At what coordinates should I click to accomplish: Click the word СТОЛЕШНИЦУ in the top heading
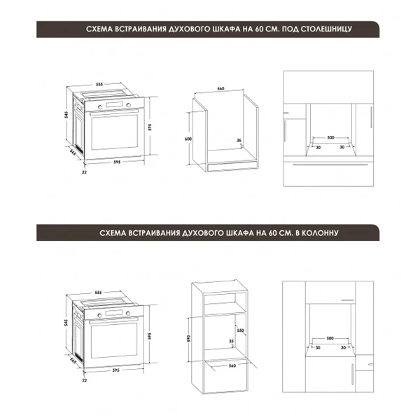326,29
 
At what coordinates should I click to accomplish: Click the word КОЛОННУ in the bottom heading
316,233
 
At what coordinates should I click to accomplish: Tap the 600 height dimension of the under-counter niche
188,139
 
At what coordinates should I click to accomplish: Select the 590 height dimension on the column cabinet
188,339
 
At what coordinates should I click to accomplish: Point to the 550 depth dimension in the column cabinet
240,330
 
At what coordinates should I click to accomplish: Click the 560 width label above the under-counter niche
220,89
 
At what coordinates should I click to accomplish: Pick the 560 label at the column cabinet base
232,365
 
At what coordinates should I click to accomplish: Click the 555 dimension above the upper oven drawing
99,85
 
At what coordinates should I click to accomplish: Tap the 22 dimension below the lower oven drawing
85,380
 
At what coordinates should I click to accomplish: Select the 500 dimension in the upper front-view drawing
330,138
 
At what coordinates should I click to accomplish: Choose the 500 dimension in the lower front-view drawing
330,338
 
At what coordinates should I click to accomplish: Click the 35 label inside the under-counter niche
239,140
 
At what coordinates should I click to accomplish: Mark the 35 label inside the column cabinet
231,342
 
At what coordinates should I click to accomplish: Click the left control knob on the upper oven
100,107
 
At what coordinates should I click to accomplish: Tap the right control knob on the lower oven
128,313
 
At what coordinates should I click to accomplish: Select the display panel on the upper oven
115,105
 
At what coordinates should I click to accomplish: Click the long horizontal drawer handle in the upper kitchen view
330,164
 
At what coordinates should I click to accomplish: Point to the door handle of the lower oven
114,321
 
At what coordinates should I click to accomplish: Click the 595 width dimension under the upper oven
117,162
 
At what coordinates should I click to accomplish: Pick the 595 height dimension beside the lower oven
150,336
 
